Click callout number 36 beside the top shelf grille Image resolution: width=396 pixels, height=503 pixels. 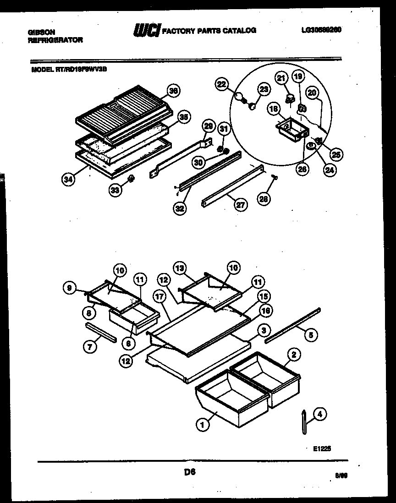(x=173, y=91)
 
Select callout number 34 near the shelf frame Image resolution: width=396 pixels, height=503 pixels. (x=68, y=179)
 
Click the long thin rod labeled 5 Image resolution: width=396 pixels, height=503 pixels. (x=293, y=326)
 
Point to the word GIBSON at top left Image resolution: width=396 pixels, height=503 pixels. (x=41, y=32)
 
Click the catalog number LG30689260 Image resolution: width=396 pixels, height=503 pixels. (x=321, y=30)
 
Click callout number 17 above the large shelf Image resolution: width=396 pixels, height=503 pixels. (x=159, y=296)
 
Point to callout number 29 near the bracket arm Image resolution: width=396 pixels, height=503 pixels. (x=208, y=126)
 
